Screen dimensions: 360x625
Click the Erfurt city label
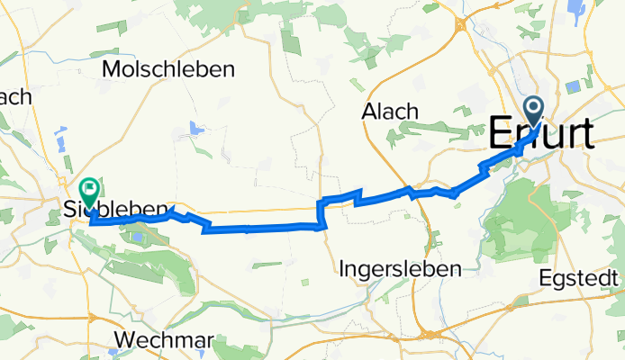pos(541,135)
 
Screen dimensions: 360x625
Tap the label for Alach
pos(390,112)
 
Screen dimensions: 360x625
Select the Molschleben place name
pos(168,69)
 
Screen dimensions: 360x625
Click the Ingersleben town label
pos(402,268)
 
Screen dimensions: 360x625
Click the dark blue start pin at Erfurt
pos(534,112)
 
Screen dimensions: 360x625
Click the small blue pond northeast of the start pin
pos(573,87)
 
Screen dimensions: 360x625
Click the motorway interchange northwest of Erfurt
pos(460,24)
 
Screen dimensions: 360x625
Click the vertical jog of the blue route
pos(319,214)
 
